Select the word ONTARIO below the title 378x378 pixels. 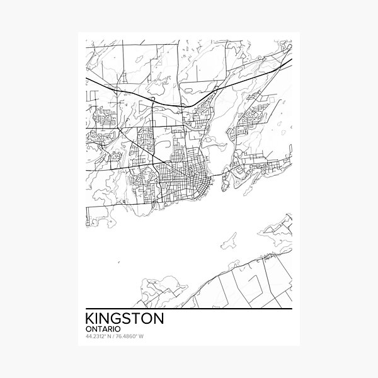102,331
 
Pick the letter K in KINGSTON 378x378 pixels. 88,319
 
